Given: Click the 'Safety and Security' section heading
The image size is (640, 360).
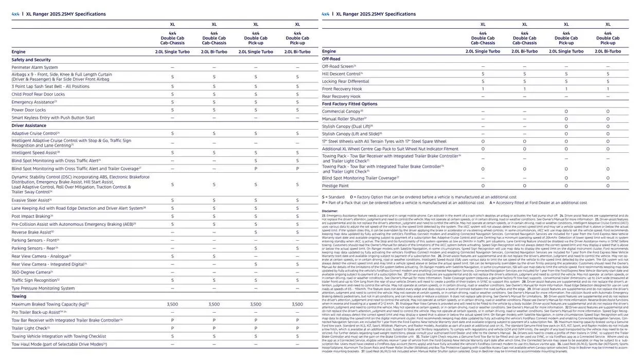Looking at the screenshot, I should click(31, 60).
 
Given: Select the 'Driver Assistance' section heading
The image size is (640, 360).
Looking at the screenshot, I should click(29, 125).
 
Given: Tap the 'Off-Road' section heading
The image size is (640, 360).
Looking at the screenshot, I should click(331, 59).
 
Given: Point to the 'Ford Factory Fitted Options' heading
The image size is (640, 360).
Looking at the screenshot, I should click(349, 104).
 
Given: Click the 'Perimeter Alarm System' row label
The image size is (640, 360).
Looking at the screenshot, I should click(34, 67).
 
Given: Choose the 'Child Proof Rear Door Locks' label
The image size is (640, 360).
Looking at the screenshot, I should click(38, 94).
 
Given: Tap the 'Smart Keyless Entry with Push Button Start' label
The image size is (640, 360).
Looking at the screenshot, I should click(53, 118).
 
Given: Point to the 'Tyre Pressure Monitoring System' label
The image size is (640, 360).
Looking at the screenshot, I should click(43, 288).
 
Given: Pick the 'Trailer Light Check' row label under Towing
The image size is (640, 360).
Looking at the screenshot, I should click(29, 328).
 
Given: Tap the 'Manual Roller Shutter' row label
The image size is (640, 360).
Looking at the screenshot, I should click(343, 118).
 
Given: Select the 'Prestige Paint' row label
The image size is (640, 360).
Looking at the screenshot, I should click(335, 186).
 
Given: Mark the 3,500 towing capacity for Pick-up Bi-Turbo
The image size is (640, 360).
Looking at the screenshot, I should click(297, 304).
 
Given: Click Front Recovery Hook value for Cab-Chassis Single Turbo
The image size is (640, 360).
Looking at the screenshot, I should click(483, 89).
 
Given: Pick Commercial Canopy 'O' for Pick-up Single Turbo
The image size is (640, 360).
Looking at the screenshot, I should click(566, 111).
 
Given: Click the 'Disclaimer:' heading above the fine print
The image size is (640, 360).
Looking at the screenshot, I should click(330, 211).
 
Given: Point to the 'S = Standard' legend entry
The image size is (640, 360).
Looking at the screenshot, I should click(333, 197).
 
